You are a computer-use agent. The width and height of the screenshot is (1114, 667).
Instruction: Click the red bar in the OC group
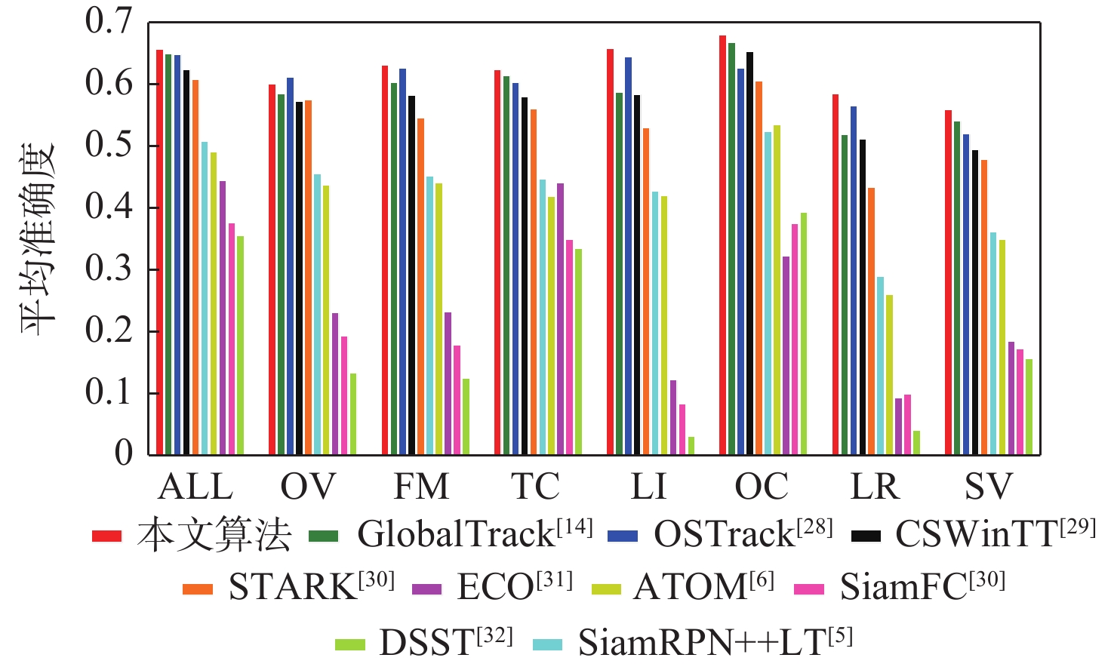[722, 245]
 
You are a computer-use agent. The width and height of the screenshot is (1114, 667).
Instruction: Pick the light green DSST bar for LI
[691, 446]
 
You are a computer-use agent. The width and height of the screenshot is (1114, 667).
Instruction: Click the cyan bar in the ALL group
[205, 298]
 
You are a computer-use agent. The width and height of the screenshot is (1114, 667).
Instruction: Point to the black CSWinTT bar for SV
[975, 303]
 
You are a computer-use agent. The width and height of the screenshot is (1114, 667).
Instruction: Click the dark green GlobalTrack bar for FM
[394, 269]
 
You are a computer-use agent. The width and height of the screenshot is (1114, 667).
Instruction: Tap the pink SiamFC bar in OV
[344, 395]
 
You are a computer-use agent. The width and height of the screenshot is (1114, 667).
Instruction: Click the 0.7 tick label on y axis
[109, 22]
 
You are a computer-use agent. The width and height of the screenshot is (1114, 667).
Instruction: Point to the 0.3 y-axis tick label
[109, 269]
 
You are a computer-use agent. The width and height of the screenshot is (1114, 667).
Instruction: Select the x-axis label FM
[421, 487]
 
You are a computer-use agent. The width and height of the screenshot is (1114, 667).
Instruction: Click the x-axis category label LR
[876, 487]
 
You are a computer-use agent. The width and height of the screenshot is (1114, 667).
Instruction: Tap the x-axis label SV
[988, 487]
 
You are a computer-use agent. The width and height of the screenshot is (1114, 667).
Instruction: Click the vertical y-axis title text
[38, 238]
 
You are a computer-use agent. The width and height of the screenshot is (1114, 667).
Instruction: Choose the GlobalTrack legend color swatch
[324, 536]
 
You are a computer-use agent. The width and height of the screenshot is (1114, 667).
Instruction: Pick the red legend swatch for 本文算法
[106, 536]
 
